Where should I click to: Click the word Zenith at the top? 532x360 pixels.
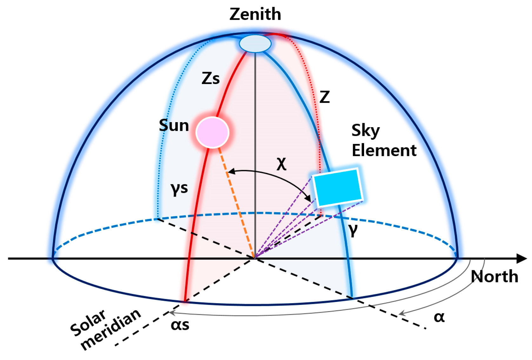pyautogui.click(x=255, y=14)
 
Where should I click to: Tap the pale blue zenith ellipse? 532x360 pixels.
pyautogui.click(x=255, y=43)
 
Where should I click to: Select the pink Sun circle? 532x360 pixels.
pyautogui.click(x=212, y=132)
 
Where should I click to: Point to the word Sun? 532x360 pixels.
pyautogui.click(x=174, y=126)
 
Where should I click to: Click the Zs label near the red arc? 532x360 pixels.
pyautogui.click(x=210, y=78)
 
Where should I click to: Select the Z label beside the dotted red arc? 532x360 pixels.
pyautogui.click(x=324, y=97)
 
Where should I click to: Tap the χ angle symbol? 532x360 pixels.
pyautogui.click(x=281, y=164)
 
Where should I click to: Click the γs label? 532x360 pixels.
pyautogui.click(x=179, y=188)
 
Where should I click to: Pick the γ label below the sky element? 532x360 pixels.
pyautogui.click(x=353, y=229)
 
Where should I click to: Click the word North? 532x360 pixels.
pyautogui.click(x=494, y=277)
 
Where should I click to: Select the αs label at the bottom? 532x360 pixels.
pyautogui.click(x=180, y=325)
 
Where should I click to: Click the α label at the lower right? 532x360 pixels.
pyautogui.click(x=439, y=317)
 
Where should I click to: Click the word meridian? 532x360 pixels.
pyautogui.click(x=111, y=330)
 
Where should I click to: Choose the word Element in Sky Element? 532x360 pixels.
pyautogui.click(x=384, y=150)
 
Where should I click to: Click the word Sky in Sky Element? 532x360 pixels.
pyautogui.click(x=366, y=130)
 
